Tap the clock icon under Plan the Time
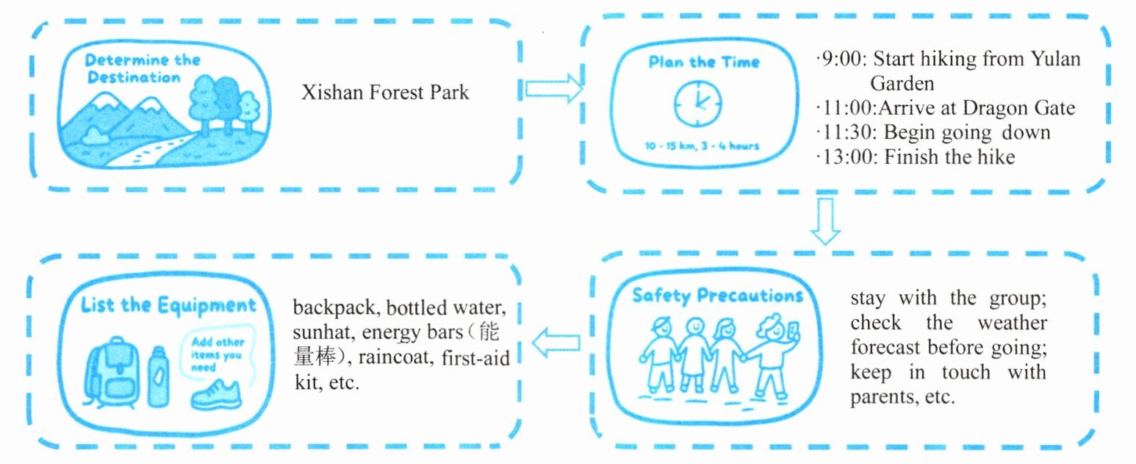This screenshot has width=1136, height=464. click(697, 103)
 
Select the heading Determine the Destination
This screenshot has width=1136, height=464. click(142, 68)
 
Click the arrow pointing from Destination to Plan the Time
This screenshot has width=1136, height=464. click(553, 89)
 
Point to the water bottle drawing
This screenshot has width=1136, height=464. click(158, 377)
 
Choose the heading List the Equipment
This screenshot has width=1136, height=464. click(168, 305)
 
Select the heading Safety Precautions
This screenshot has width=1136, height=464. click(717, 296)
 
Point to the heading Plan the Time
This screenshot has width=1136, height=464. click(704, 62)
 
